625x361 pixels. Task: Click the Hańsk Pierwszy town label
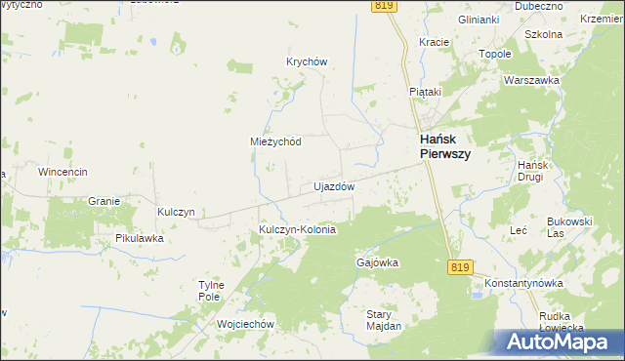tap(445, 146)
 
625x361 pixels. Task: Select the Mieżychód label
tap(275, 140)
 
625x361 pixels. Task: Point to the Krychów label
tap(306, 60)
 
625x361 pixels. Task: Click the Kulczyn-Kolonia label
tap(297, 230)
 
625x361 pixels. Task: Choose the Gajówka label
tap(377, 262)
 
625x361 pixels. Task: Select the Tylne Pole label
tap(212, 290)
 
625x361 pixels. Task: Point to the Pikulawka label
tap(139, 238)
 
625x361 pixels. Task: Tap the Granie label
tap(103, 201)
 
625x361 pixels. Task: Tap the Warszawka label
tap(530, 80)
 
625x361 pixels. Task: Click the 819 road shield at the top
tap(385, 6)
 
